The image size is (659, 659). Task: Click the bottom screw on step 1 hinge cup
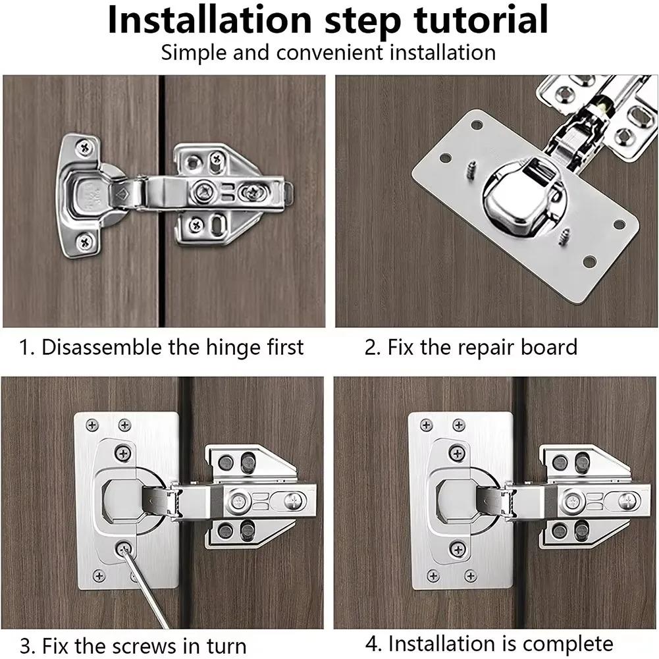tap(84, 242)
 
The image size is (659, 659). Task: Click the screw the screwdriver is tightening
tap(123, 548)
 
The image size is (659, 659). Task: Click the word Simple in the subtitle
tap(192, 53)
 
